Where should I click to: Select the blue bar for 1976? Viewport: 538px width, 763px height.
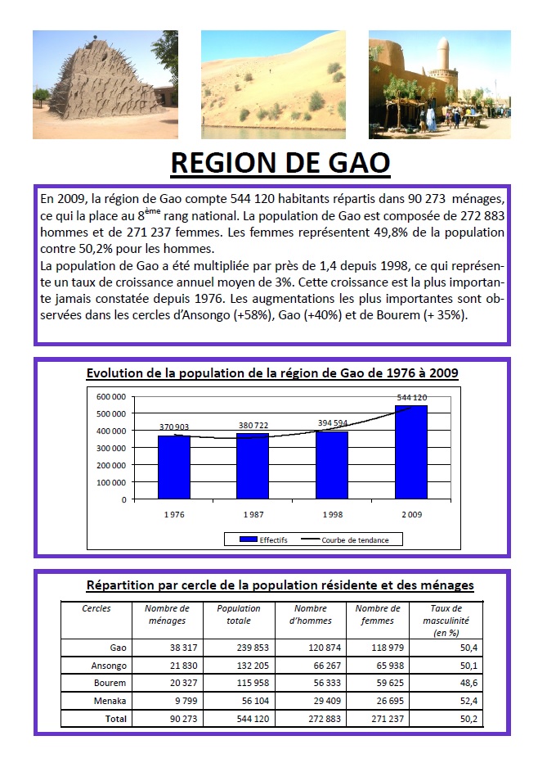173,467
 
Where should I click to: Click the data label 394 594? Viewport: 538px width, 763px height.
332,423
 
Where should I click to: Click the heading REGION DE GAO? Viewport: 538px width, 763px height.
280,162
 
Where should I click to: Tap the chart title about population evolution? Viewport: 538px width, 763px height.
272,373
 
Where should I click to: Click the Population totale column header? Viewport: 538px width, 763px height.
239,614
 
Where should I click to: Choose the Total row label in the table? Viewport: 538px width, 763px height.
115,718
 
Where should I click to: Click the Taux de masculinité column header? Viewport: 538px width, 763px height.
446,621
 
